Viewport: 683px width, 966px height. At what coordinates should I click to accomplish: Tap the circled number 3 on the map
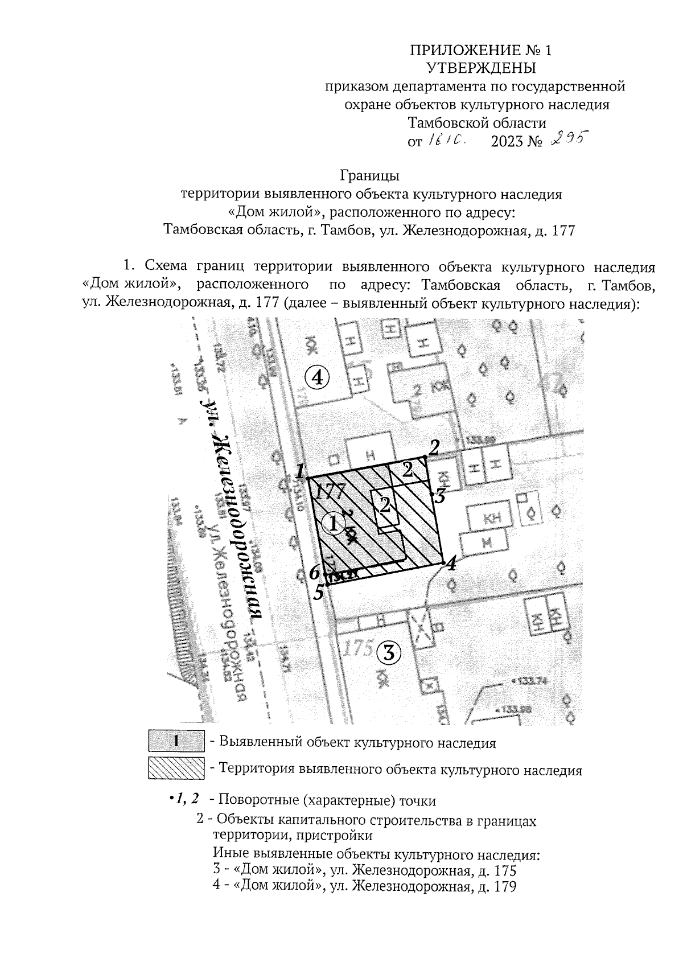389,653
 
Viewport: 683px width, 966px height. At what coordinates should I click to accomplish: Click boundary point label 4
451,565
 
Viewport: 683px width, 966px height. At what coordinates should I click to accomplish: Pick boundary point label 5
319,593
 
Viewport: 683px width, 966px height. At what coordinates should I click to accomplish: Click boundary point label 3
439,496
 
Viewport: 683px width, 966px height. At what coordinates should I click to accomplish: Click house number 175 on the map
359,648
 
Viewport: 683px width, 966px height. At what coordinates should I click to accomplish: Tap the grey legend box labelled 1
176,742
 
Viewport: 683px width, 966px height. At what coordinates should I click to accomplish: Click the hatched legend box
176,769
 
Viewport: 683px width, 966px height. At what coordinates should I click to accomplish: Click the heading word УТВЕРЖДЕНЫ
481,68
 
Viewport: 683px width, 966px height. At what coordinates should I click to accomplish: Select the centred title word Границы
371,174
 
